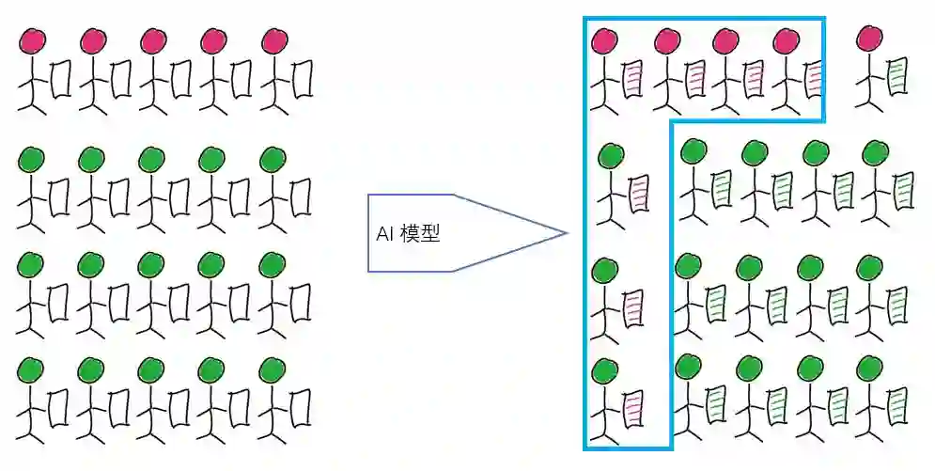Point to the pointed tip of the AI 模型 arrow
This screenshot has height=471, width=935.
pos(567,233)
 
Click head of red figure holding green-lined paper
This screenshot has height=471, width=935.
pos(870,39)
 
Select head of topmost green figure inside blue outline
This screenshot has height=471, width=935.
pos(611,155)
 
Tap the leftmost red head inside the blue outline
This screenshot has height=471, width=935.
pos(604,40)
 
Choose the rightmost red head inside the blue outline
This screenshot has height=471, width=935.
pos(786,40)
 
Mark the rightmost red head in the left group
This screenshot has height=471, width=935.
pos(273,40)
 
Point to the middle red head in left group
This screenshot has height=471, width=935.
pos(153,40)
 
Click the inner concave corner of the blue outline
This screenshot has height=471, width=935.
pos(670,121)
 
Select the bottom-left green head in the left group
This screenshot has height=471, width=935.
pos(32,369)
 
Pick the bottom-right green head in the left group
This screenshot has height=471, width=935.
pos(273,369)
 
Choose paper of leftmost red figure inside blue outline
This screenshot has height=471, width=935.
pos(631,79)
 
